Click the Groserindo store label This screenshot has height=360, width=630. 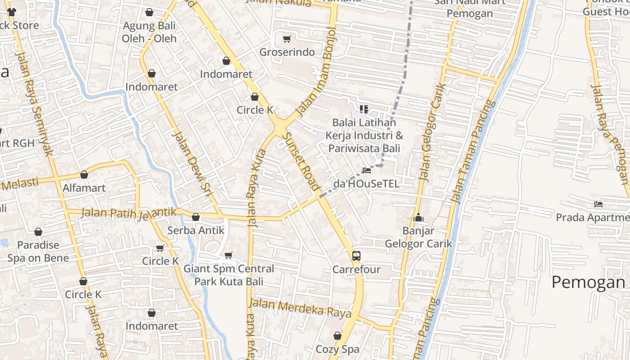(287, 52)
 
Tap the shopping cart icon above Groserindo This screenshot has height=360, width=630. (287, 39)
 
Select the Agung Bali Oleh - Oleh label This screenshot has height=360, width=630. (149, 32)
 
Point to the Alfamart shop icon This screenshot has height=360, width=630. (84, 175)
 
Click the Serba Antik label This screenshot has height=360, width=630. (196, 230)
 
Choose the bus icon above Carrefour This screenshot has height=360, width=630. (356, 256)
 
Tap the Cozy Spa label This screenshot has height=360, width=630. (337, 349)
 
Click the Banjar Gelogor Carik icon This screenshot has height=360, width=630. (419, 218)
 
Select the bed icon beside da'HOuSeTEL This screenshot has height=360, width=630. (367, 171)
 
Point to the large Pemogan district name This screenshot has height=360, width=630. (588, 282)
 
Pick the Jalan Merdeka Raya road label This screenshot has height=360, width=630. (300, 308)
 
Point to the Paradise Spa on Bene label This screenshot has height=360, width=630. (38, 252)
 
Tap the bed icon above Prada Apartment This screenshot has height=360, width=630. (598, 204)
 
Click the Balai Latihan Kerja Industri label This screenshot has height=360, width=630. (364, 135)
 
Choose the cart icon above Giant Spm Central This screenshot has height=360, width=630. (229, 256)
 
